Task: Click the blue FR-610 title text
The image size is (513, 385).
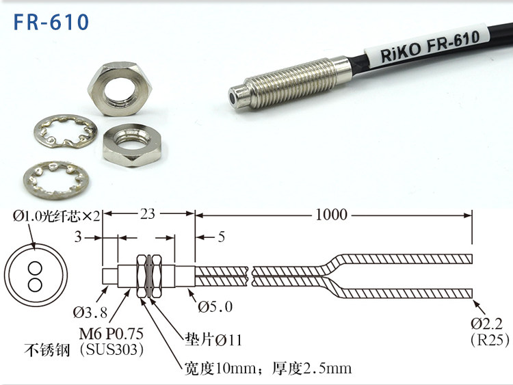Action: pos(51,22)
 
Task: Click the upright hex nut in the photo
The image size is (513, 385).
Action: pos(120,89)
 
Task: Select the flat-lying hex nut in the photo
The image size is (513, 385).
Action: pos(132,144)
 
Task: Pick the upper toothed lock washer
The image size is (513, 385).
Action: pos(66,131)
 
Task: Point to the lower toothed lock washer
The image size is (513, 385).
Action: pos(56,180)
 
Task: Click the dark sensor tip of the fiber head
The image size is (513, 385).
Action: pos(233,96)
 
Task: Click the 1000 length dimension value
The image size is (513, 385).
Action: pos(331,215)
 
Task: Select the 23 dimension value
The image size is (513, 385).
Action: pos(148,214)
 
